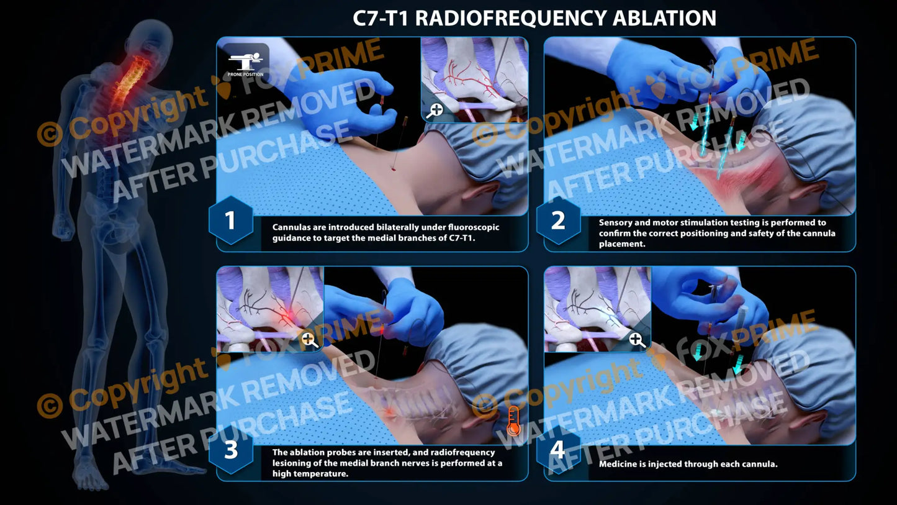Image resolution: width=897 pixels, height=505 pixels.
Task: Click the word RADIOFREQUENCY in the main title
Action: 510,18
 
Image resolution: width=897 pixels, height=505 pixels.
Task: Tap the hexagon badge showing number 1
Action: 230,221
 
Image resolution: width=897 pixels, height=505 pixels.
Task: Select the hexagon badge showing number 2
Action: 558,221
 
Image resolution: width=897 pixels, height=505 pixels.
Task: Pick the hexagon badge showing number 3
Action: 230,450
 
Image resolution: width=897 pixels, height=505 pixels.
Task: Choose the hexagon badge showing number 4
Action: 558,450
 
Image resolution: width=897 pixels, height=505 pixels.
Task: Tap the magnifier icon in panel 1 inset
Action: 436,110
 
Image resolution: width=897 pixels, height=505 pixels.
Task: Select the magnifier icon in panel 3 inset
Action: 309,339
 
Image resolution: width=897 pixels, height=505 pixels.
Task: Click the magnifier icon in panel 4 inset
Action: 636,339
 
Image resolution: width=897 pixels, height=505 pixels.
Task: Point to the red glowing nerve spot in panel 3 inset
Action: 286,315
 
